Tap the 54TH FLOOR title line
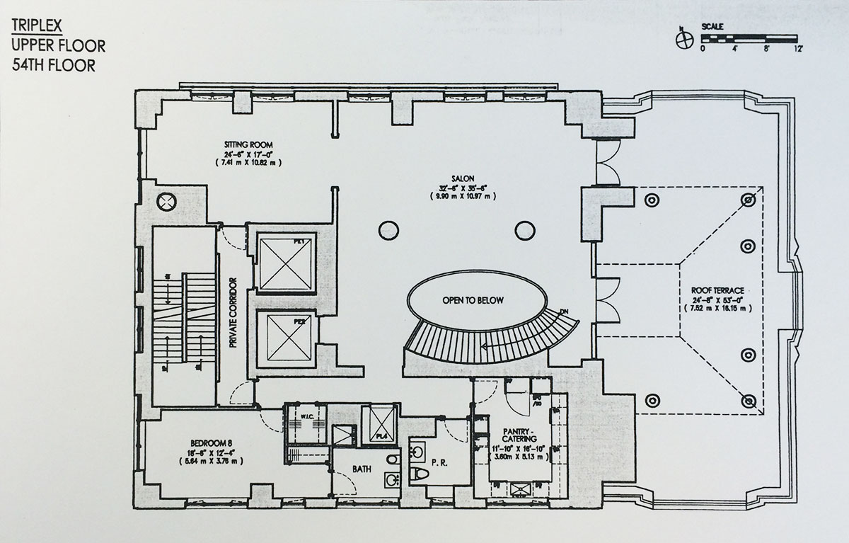click(52, 65)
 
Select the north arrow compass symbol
click(683, 40)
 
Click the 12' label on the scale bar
click(799, 49)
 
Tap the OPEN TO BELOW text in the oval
click(473, 300)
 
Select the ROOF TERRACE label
click(710, 291)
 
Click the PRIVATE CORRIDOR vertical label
click(231, 317)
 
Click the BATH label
click(363, 469)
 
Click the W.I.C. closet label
click(306, 416)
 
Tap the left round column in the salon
click(387, 229)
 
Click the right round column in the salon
click(524, 229)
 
